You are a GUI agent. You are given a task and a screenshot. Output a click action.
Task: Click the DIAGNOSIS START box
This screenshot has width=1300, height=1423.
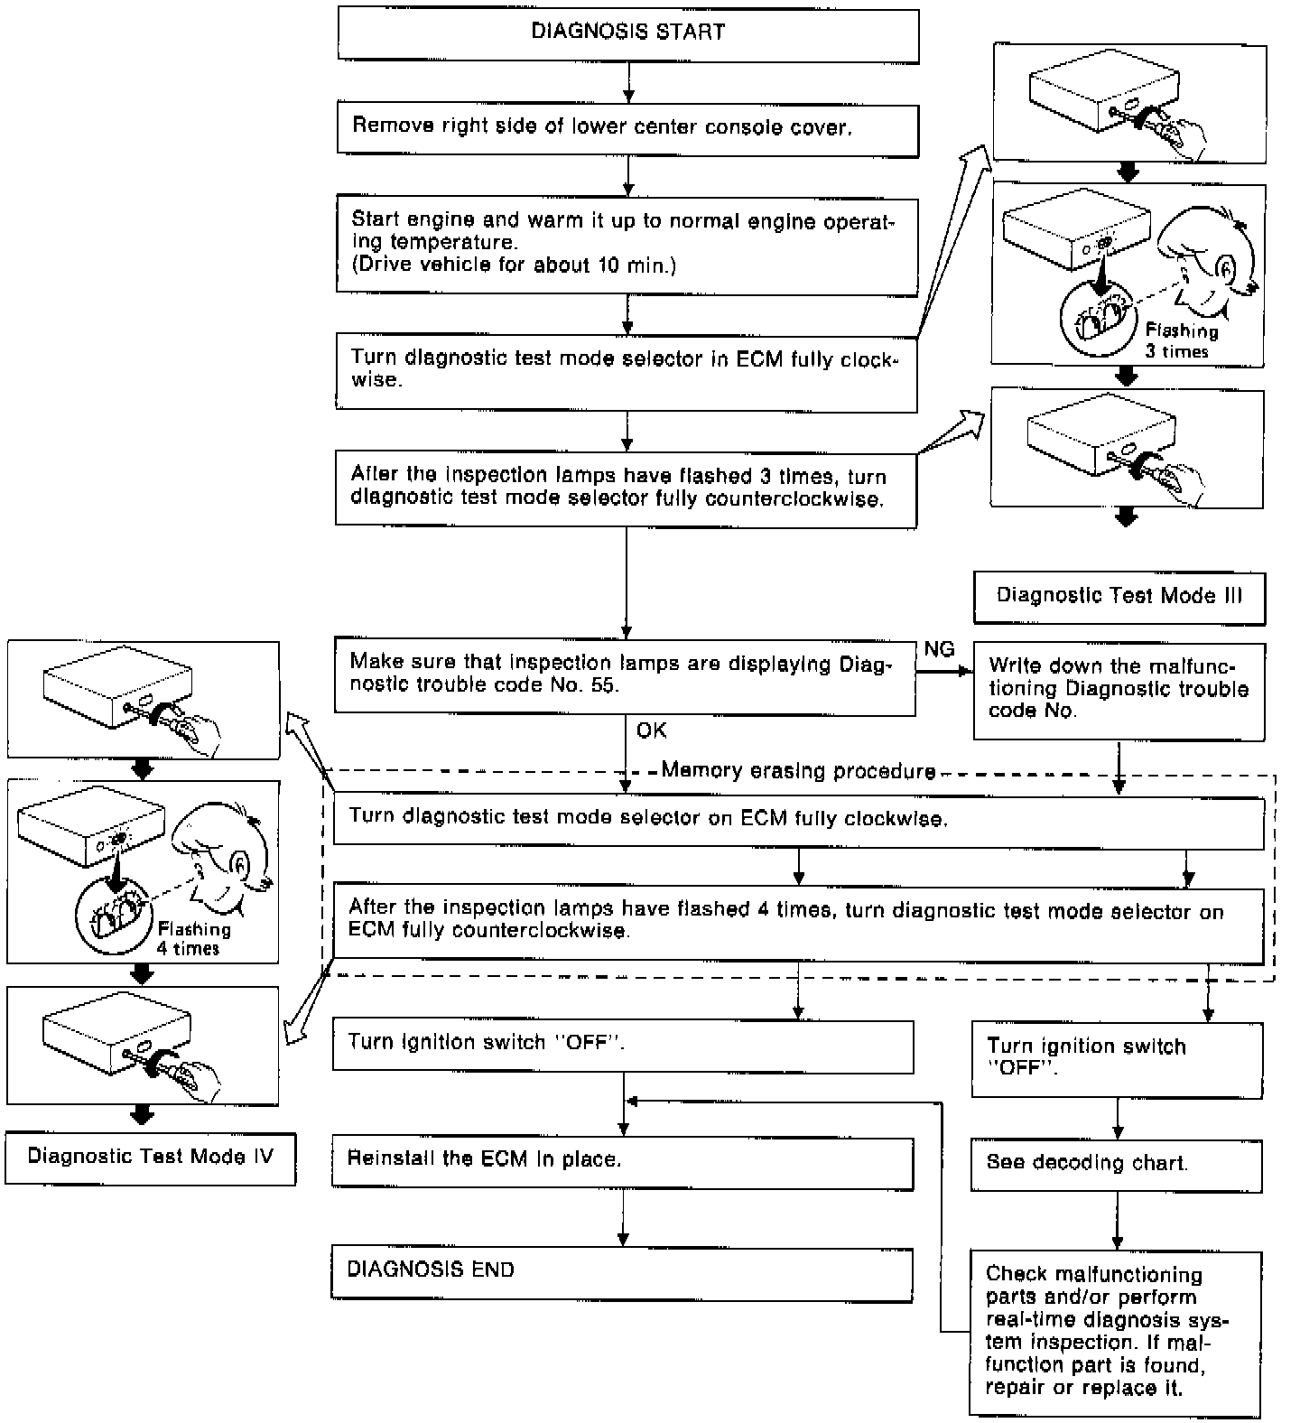coord(628,35)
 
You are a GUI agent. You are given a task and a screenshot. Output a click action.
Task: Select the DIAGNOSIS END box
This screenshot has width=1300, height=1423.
coord(623,1274)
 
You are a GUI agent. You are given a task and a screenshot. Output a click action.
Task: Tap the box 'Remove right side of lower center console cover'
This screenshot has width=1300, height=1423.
coord(627,130)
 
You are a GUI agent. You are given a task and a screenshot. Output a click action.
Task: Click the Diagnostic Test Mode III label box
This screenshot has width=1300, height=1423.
coord(1119,598)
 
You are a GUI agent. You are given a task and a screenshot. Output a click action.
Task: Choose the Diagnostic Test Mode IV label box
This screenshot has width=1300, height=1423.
coord(151,1158)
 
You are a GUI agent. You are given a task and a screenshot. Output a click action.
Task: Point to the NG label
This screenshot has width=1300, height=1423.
coord(939,649)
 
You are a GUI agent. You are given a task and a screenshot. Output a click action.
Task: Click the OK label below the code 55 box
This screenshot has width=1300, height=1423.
coord(652,730)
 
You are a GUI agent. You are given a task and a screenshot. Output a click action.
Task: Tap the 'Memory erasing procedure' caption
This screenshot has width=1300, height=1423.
coord(799,770)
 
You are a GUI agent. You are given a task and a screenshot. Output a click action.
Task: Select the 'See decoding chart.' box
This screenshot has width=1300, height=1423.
coord(1117,1165)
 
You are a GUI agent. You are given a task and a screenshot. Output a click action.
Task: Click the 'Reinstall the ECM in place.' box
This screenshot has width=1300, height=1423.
coord(623,1163)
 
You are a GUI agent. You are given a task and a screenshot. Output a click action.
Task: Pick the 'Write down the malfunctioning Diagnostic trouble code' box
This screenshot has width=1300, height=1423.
coord(1119,692)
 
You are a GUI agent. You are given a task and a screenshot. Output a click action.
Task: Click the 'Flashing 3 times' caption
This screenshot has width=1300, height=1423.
coord(1181,341)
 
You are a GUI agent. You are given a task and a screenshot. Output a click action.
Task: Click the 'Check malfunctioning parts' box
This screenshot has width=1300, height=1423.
coord(1116,1332)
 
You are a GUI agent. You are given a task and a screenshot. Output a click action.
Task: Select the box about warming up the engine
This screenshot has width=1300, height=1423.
coord(627,245)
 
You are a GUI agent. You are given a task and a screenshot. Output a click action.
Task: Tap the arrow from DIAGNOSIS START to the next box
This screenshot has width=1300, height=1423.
coord(628,84)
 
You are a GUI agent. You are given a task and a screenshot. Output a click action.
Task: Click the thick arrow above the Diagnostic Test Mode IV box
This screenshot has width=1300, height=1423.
coord(142,1115)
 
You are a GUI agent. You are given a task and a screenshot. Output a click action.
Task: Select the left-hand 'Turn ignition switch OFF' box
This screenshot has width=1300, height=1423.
coord(623,1046)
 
